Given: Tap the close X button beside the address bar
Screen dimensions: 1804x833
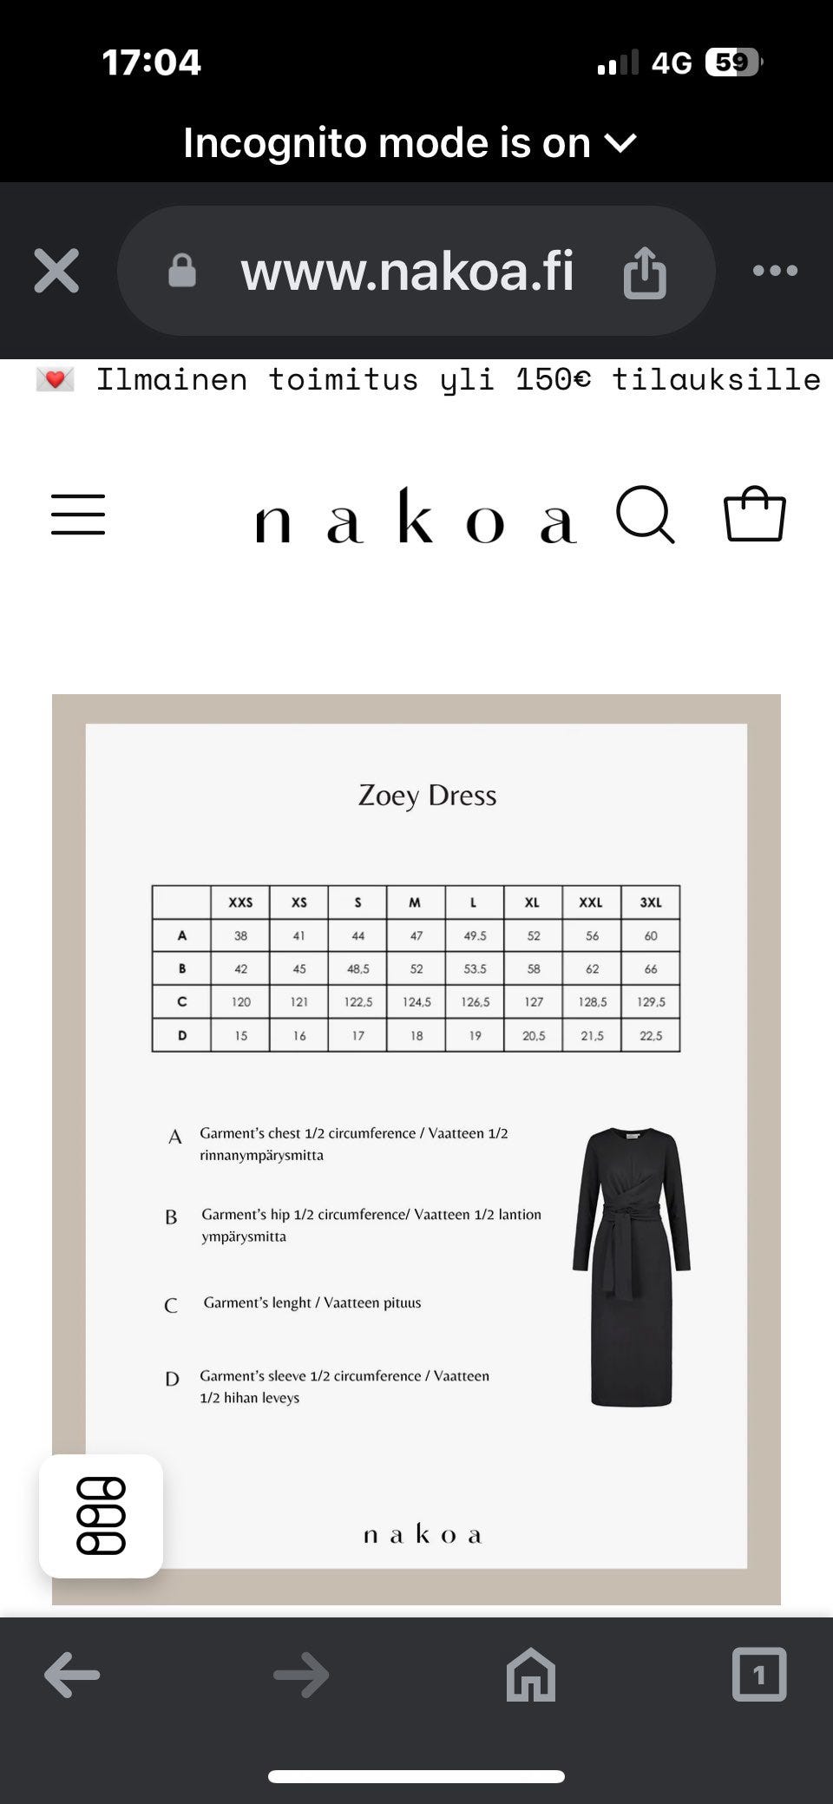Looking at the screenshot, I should [x=56, y=271].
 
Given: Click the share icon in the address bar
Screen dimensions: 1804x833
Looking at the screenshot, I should [x=645, y=272].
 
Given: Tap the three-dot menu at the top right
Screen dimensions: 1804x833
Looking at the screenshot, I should [x=775, y=271].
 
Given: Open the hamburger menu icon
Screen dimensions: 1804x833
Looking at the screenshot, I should [x=78, y=515].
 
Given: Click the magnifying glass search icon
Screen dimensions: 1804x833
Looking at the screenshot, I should [x=645, y=515].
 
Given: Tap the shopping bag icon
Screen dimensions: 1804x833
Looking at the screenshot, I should [x=755, y=514].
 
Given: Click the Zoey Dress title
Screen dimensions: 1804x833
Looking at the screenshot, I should [x=427, y=795].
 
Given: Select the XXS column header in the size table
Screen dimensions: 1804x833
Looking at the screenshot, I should [x=240, y=902].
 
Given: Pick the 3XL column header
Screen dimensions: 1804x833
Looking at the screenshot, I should [x=651, y=902].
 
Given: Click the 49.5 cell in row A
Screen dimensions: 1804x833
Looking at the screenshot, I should [x=475, y=935].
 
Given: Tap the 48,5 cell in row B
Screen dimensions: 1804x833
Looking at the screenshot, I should [x=357, y=968].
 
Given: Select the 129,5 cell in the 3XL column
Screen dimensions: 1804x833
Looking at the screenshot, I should [x=651, y=1001].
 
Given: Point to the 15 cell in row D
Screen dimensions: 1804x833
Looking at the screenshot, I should [x=240, y=1035].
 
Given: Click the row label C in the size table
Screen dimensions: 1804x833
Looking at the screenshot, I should [x=181, y=1001].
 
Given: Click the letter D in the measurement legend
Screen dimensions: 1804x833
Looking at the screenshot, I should [x=172, y=1379].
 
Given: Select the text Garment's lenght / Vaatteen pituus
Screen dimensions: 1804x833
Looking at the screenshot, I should [x=312, y=1302].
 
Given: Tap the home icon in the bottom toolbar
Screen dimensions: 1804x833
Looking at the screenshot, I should [x=530, y=1674].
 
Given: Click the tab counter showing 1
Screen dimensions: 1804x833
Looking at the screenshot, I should [x=759, y=1674].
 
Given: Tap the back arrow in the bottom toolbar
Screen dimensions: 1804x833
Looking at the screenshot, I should [x=72, y=1674].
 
